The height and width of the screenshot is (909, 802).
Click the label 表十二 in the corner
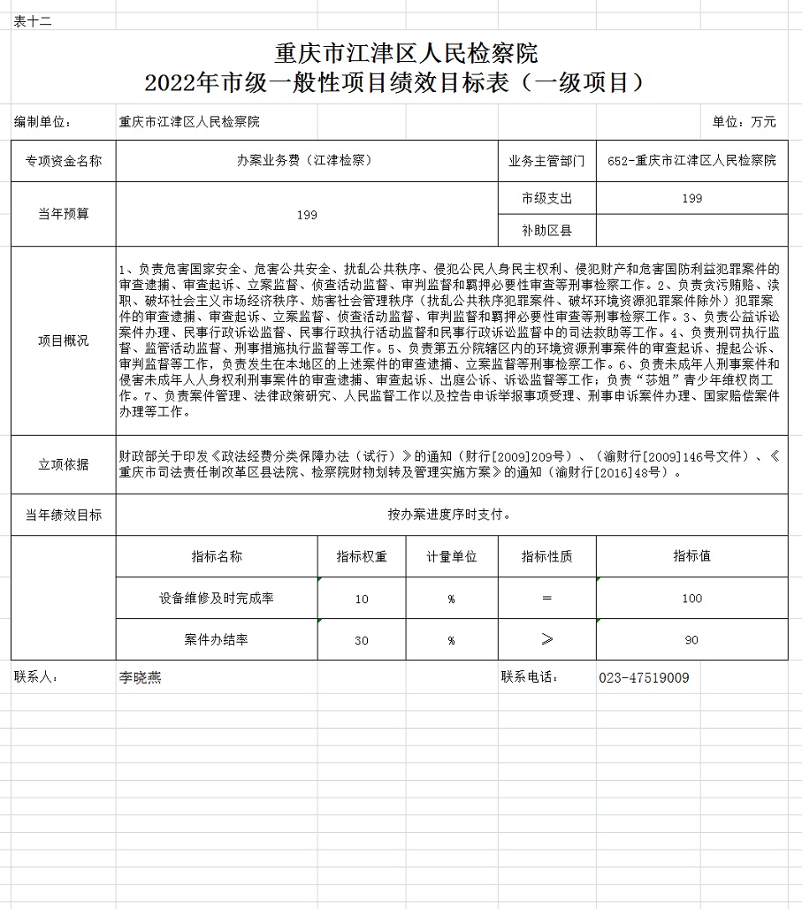[x=34, y=21]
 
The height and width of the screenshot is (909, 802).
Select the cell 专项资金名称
[x=63, y=161]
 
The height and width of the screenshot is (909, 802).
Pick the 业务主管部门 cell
[x=546, y=161]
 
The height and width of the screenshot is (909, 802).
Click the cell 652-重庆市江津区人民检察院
[x=691, y=161]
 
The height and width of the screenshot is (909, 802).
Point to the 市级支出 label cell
[x=546, y=198]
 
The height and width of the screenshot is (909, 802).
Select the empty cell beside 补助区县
[x=691, y=231]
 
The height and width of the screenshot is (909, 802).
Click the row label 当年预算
[x=63, y=214]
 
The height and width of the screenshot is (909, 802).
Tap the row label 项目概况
[x=63, y=340]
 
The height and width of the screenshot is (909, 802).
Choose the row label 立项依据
[x=63, y=464]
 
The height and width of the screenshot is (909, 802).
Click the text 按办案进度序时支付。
[x=450, y=515]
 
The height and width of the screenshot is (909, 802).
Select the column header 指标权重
[x=362, y=557]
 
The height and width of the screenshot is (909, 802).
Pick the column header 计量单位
[x=451, y=557]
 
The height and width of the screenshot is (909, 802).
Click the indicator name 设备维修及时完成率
[x=217, y=599]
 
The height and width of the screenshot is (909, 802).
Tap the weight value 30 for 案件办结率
[x=362, y=640]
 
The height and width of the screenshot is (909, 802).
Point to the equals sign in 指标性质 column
[x=546, y=599]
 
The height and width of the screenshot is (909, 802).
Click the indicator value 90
[x=691, y=640]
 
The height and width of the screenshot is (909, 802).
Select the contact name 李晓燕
[x=140, y=678]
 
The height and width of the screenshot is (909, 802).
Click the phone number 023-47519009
[x=644, y=678]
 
